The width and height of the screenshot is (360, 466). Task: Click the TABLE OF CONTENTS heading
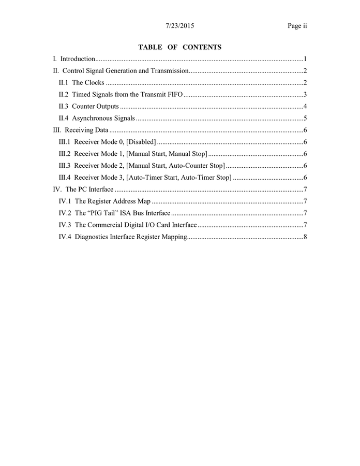[x=180, y=47]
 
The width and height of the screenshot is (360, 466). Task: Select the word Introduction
[x=78, y=59]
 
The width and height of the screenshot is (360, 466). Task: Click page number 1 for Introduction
[x=306, y=59]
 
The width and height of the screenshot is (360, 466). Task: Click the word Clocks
[x=95, y=83]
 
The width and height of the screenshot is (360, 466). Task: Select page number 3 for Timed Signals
[x=306, y=94]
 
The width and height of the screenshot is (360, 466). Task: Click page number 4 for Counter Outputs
[x=306, y=106]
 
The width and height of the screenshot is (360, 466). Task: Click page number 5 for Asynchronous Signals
[x=306, y=119]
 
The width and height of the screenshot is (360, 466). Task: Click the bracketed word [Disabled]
[x=141, y=142]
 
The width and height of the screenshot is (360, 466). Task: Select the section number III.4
[x=65, y=178]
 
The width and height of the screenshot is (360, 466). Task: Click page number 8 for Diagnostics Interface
[x=306, y=237]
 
